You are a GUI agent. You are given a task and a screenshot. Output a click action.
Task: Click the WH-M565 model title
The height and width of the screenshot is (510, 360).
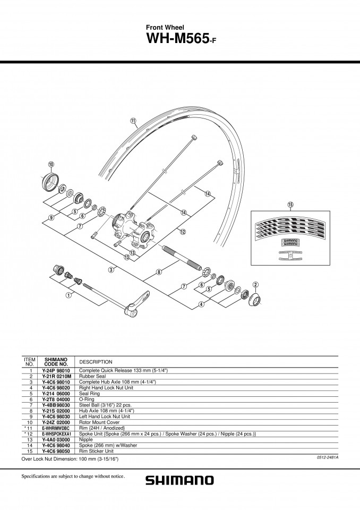[181, 39]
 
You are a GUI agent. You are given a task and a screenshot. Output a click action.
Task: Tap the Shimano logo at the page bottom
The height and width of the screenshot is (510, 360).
[179, 480]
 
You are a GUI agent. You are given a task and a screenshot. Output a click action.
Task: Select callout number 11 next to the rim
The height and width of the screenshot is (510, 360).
[133, 121]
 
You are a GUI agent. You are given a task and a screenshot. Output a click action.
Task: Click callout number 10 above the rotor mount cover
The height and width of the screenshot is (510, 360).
[51, 164]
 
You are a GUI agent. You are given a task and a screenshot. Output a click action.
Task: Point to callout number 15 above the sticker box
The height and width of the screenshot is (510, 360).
[290, 205]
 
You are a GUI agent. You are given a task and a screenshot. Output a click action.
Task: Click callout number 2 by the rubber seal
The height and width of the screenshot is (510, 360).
[255, 285]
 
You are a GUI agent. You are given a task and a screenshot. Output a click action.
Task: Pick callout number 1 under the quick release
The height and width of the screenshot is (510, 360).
[68, 295]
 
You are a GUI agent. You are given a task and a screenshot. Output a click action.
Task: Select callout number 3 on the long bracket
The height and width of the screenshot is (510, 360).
[111, 270]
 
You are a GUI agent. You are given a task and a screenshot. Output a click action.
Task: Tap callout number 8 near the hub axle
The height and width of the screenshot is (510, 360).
[159, 272]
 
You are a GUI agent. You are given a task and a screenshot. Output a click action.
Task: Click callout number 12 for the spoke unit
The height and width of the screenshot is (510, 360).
[183, 232]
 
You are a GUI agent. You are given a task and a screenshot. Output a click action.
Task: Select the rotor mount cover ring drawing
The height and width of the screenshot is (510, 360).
[50, 182]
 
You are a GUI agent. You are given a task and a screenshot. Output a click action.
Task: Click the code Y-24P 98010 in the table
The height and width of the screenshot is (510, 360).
[56, 370]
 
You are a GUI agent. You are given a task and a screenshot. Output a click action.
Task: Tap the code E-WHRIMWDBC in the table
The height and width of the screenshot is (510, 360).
[56, 428]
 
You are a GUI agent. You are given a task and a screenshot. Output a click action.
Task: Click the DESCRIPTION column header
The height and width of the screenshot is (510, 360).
[96, 362]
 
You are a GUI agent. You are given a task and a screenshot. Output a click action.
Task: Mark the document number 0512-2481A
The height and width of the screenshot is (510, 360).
[328, 457]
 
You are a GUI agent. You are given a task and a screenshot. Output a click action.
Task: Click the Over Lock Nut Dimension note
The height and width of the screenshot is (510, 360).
[70, 459]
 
